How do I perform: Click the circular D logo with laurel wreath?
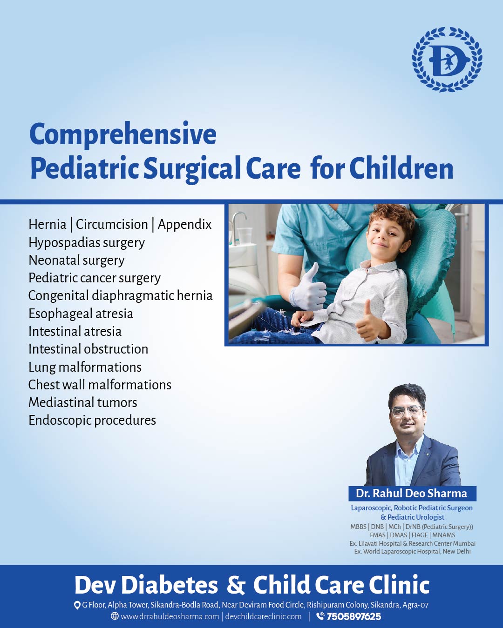[x=447, y=59]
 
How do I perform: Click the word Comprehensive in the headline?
[x=123, y=134]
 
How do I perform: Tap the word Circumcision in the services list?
[x=112, y=224]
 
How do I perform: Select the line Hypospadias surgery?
[x=87, y=242]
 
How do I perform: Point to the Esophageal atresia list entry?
[x=81, y=314]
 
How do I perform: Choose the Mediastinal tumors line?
[x=83, y=402]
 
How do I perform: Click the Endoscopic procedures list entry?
[x=92, y=420]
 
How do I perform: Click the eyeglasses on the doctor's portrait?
[x=407, y=411]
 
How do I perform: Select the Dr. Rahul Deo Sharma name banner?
[x=412, y=494]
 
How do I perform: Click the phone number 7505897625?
[x=354, y=617]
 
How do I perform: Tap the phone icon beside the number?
[x=320, y=616]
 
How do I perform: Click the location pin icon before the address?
[x=77, y=605]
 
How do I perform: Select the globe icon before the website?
[x=115, y=616]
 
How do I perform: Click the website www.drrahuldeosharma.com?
[x=170, y=617]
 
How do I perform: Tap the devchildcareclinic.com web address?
[x=264, y=617]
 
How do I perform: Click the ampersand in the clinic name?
[x=236, y=585]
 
